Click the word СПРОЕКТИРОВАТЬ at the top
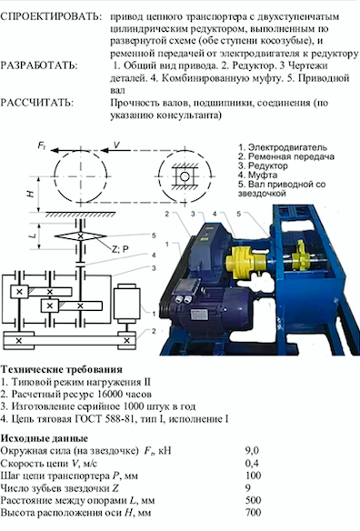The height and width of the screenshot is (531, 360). (51, 17)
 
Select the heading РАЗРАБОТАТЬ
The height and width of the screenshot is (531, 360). (39, 65)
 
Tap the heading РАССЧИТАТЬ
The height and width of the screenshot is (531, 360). (37, 103)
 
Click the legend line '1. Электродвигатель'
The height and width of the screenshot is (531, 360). (283, 147)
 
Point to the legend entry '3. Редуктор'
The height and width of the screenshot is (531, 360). (263, 165)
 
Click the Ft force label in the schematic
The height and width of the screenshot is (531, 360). (42, 146)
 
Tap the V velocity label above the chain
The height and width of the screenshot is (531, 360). (117, 145)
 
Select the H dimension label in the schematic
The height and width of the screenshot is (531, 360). (31, 194)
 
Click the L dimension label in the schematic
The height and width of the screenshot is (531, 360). (33, 235)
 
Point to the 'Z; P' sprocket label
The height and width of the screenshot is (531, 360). (120, 249)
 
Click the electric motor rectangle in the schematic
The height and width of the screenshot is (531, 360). (127, 304)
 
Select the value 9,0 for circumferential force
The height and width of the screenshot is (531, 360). (252, 451)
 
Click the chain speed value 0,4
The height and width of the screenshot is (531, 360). (252, 464)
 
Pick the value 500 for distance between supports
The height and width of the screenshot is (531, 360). (254, 500)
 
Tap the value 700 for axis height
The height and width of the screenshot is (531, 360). (254, 513)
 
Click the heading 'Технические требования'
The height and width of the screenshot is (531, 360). (62, 369)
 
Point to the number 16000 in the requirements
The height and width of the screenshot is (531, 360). (109, 395)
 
